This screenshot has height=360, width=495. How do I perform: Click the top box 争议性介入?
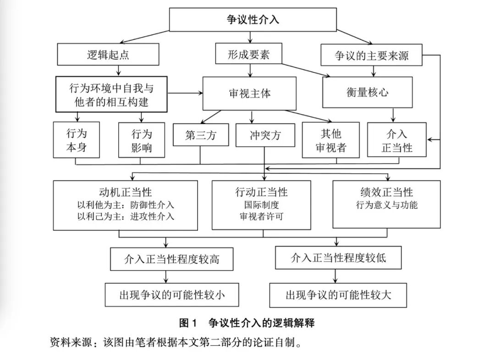tap(253, 20)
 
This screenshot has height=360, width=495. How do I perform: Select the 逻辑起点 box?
tap(108, 55)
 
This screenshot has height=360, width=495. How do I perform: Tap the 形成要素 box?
tap(248, 55)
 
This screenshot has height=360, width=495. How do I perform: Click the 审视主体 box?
tap(250, 93)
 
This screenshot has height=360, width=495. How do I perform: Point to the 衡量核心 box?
tap(368, 92)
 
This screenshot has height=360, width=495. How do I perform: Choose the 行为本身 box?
tap(76, 140)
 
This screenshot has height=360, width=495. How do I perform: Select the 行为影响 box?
tap(141, 140)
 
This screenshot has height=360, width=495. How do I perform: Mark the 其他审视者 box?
tap(330, 140)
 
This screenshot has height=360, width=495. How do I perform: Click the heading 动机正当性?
tap(126, 192)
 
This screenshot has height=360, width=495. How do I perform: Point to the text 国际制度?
tap(262, 205)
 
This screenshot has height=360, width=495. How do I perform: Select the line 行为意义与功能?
tap(386, 205)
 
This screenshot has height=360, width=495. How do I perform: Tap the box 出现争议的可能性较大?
tap(338, 294)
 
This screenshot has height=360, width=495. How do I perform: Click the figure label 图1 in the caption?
tap(188, 323)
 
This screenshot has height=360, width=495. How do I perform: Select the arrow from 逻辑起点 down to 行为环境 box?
tap(119, 71)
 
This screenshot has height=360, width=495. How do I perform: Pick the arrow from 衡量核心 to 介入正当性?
tap(393, 115)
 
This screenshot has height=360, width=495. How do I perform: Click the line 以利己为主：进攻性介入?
tap(126, 216)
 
